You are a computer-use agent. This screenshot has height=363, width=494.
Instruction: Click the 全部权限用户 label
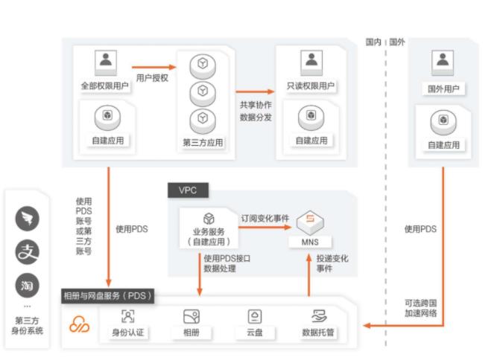pyautogui.click(x=104, y=86)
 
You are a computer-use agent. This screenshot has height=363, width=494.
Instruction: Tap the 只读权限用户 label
pyautogui.click(x=310, y=86)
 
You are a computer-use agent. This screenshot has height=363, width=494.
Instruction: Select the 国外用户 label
pyautogui.click(x=443, y=89)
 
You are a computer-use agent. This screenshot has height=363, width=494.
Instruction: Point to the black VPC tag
pyautogui.click(x=189, y=190)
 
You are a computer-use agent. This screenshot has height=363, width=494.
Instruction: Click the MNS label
pyautogui.click(x=310, y=242)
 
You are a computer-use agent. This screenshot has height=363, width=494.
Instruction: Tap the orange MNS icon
pyautogui.click(x=310, y=222)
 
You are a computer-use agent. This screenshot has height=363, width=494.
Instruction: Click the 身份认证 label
pyautogui.click(x=127, y=333)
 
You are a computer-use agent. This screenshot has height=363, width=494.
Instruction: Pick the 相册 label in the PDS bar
pyautogui.click(x=191, y=333)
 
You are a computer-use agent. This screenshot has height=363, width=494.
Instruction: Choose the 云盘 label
pyautogui.click(x=255, y=333)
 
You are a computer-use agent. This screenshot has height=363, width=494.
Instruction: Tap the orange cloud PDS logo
pyautogui.click(x=80, y=325)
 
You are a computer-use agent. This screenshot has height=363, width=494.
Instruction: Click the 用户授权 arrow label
pyautogui.click(x=152, y=77)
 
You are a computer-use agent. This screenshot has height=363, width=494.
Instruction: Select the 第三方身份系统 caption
pyautogui.click(x=28, y=325)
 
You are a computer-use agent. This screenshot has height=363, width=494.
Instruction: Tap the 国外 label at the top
pyautogui.click(x=397, y=42)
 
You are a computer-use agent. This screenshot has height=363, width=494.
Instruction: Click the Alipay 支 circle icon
pyautogui.click(x=28, y=251)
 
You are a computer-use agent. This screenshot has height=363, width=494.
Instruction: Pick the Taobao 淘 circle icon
pyautogui.click(x=28, y=285)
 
